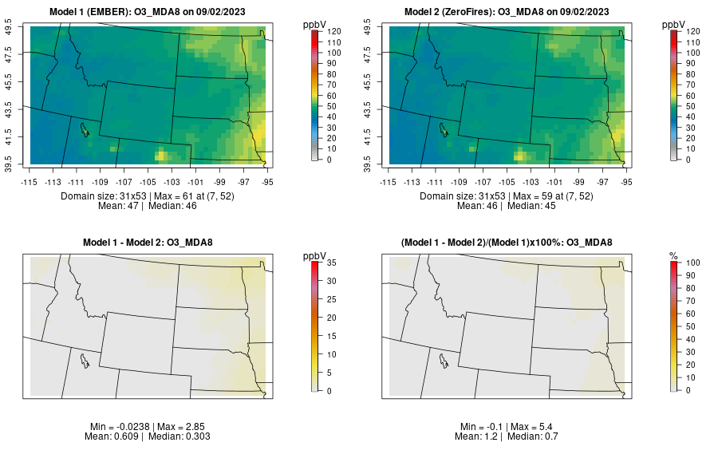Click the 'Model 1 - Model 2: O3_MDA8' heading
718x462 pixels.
coord(151,243)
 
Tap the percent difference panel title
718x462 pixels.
coord(509,243)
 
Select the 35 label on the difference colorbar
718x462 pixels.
coord(329,262)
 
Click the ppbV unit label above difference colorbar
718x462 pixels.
coord(315,256)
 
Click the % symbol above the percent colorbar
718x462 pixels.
coord(673,256)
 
